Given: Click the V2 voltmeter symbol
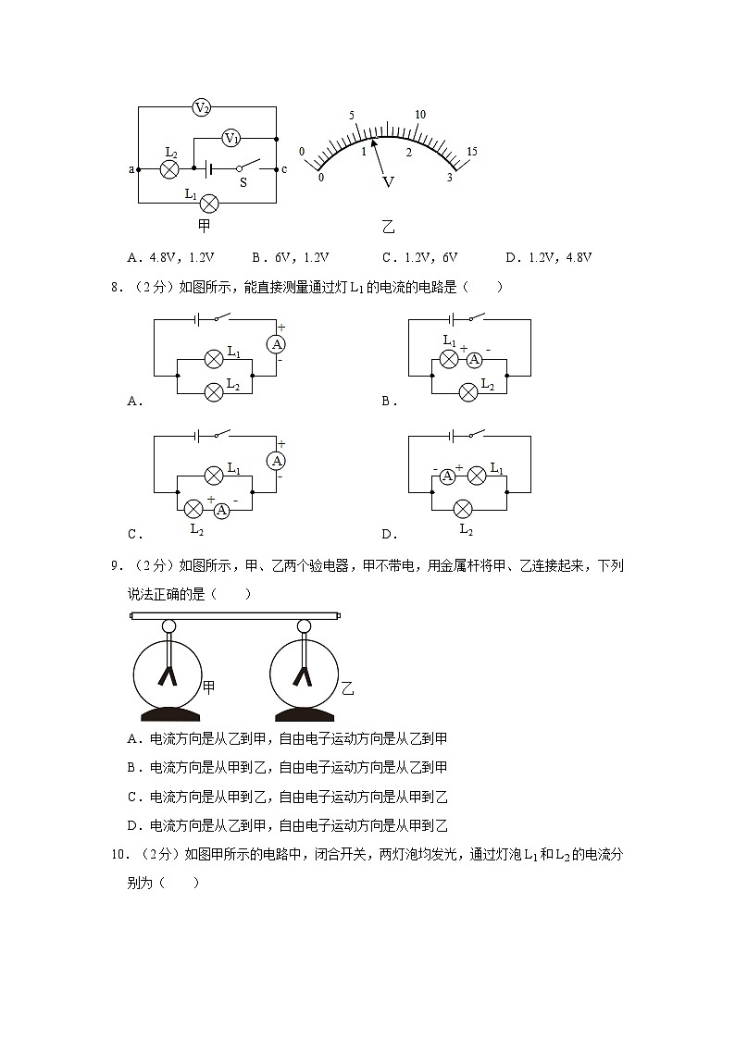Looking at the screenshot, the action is (202, 108).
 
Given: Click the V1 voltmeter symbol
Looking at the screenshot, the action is (231, 138).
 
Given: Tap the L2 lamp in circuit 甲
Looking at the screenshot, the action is (169, 169).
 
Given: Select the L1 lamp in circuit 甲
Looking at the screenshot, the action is (210, 203).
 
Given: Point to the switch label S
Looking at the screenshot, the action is (243, 183).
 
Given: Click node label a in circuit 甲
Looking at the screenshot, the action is (131, 169).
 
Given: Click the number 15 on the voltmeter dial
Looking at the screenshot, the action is (471, 152).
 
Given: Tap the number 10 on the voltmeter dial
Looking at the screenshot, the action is (420, 115).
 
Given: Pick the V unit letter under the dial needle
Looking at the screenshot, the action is (389, 182).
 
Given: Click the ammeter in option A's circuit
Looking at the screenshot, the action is (276, 343).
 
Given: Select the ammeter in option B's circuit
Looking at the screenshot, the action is (474, 360).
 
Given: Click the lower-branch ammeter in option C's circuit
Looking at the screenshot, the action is (222, 509).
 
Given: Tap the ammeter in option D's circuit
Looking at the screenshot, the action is (447, 476).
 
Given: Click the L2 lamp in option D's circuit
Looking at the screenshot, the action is (463, 508).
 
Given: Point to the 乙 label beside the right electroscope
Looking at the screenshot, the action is (347, 687).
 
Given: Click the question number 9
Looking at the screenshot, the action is (114, 566).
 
